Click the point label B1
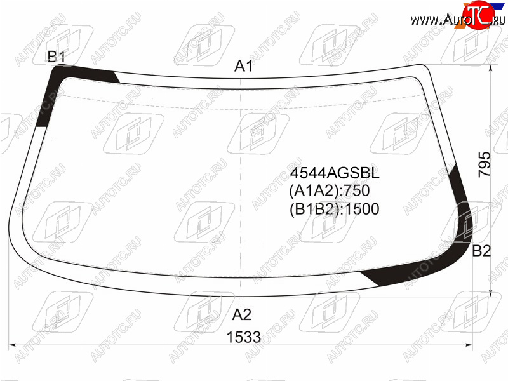57,57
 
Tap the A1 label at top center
244,66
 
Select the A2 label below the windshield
242,314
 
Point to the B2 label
481,250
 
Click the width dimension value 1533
244,337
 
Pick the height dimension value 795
485,164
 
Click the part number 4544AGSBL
335,173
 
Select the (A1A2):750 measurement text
329,190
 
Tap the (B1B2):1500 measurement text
334,209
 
